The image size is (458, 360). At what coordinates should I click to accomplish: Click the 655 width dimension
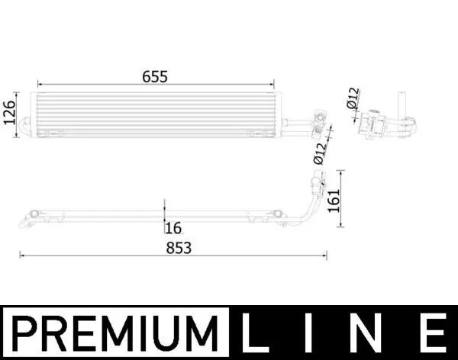point(153,76)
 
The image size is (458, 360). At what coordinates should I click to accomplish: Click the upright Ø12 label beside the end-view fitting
point(352,99)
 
